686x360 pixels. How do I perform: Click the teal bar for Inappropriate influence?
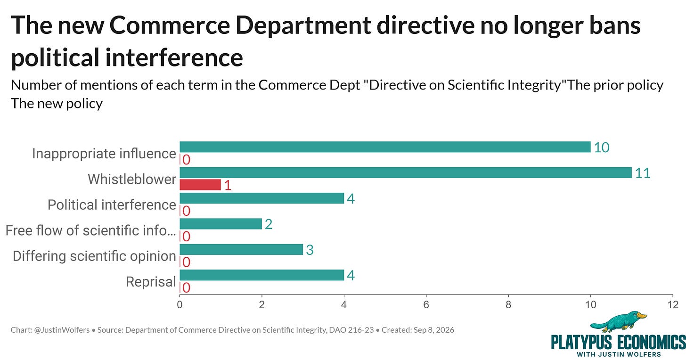click(385, 147)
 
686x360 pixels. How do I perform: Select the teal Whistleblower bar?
click(406, 172)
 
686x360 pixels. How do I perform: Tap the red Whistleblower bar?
click(200, 185)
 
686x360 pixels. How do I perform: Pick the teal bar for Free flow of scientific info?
click(221, 224)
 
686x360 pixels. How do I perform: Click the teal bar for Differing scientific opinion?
click(241, 249)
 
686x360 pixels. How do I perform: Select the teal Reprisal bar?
click(262, 275)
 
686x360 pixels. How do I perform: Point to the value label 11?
click(643, 173)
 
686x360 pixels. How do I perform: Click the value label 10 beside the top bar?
click(602, 147)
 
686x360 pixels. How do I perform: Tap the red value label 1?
click(228, 185)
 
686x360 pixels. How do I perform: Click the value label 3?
click(310, 250)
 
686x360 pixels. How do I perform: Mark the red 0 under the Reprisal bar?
click(187, 288)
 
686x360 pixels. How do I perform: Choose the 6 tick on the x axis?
click(426, 305)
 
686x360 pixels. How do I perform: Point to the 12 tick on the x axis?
click(673, 305)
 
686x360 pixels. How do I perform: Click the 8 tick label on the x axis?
click(508, 305)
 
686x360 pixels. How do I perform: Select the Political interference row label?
click(112, 205)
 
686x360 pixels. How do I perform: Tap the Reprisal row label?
click(151, 282)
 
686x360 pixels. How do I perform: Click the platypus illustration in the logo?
click(618, 322)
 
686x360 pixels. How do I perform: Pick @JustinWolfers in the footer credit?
click(62, 330)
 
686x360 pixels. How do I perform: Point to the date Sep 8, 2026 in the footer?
click(433, 330)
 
